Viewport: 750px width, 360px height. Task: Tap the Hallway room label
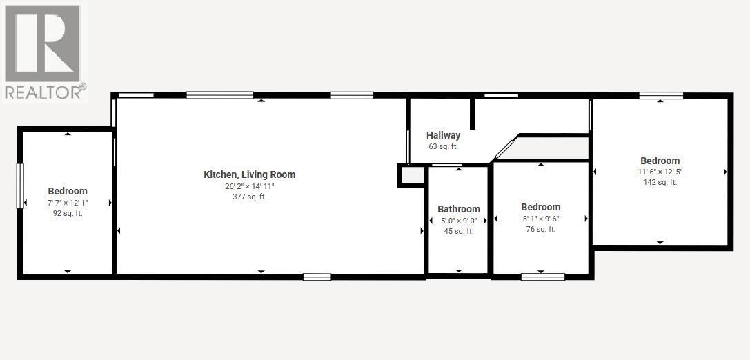click(443, 135)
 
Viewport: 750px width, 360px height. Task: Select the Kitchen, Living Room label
click(249, 174)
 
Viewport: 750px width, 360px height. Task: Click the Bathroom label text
click(459, 209)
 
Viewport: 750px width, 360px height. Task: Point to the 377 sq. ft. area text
click(249, 197)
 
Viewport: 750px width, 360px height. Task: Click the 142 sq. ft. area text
click(660, 182)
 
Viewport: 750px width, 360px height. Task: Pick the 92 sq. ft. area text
click(68, 214)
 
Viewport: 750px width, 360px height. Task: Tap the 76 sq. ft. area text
click(540, 229)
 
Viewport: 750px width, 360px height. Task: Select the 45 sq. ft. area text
click(459, 231)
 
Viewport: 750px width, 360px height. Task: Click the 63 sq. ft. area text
click(443, 146)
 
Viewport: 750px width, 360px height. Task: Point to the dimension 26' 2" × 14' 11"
click(249, 186)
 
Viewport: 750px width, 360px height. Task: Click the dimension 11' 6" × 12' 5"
click(660, 172)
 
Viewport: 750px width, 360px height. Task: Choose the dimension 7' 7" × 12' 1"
click(68, 203)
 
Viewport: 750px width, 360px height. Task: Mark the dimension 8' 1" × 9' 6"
click(540, 219)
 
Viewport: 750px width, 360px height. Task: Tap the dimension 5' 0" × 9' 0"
click(459, 221)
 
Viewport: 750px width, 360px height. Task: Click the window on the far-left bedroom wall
click(20, 186)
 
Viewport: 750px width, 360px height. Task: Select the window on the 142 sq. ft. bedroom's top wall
click(660, 95)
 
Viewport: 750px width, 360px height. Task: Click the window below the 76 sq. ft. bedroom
click(542, 277)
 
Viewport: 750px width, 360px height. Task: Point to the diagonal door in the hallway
click(504, 149)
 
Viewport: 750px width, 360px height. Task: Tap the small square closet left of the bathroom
click(412, 175)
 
